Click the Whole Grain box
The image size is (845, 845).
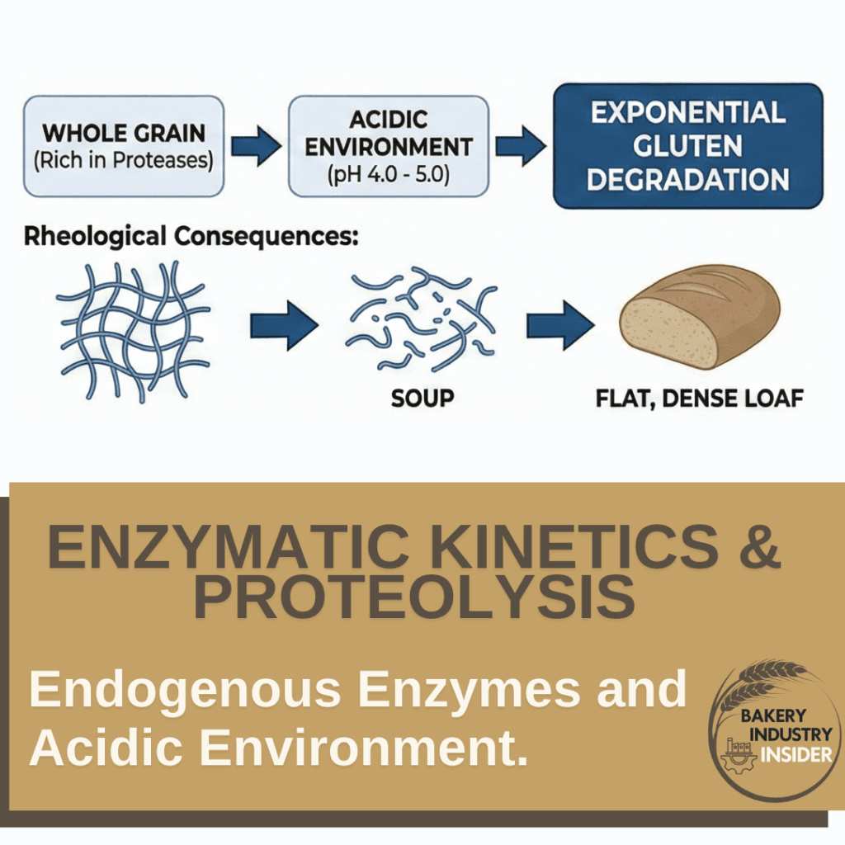[x=124, y=146]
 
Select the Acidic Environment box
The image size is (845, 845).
[x=388, y=146]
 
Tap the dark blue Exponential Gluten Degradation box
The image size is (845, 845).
[x=688, y=146]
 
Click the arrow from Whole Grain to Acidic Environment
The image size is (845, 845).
[x=254, y=147]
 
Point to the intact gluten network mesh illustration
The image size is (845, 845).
[x=132, y=330]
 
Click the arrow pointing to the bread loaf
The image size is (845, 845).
[x=560, y=322]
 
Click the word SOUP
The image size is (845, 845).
[x=422, y=399]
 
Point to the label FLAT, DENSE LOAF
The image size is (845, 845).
[x=700, y=399]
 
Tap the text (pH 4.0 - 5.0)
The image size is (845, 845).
[x=388, y=176]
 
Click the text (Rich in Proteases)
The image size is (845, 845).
[x=124, y=159]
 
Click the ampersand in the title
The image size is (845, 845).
[x=759, y=548]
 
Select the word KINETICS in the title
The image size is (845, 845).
[x=545, y=548]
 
